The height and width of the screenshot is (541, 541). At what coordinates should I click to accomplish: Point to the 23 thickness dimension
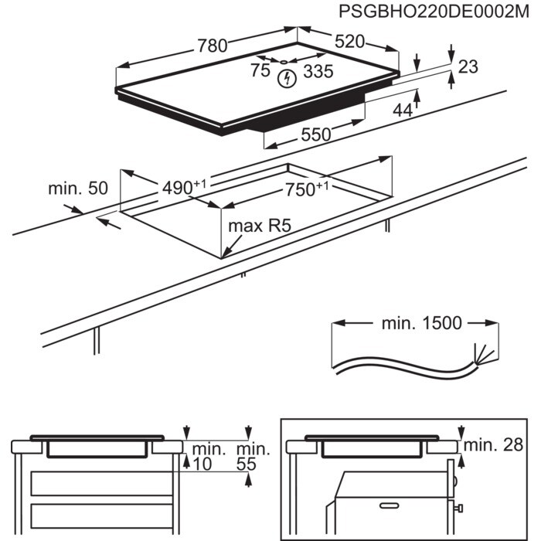(x=468, y=67)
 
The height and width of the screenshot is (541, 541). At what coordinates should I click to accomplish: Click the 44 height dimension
(x=403, y=111)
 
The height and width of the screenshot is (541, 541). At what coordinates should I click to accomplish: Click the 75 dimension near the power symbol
(x=261, y=71)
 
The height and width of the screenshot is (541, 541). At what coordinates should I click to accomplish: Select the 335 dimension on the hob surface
(x=318, y=72)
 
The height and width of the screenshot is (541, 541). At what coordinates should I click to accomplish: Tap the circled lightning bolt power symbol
(x=288, y=77)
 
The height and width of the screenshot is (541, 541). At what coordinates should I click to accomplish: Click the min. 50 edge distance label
(x=78, y=188)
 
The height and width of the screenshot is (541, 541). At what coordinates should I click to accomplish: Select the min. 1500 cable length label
(x=421, y=323)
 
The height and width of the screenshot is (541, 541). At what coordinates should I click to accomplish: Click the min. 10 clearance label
(x=209, y=456)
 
